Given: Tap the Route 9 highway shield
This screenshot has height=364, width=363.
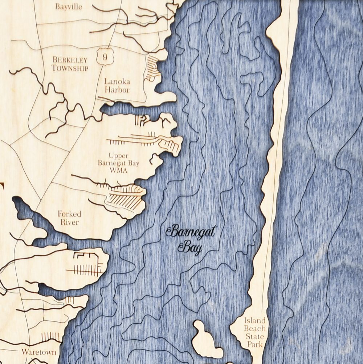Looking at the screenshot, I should tap(105, 56).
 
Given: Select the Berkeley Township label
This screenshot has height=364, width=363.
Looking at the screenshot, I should tap(70, 64).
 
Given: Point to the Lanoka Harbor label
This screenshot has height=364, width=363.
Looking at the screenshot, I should tap(117, 85).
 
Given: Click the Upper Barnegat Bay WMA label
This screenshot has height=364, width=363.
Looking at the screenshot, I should tap(118, 163).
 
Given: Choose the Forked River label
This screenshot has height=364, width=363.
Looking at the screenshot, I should tap(69, 218).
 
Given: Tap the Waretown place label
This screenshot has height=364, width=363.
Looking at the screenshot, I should tap(38, 352).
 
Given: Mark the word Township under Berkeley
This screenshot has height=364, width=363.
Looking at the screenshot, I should tap(70, 68).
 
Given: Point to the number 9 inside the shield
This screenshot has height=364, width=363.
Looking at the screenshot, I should tap(105, 57).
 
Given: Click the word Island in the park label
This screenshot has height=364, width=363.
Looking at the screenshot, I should tap(254, 321).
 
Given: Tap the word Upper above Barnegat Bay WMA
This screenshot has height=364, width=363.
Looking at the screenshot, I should tap(118, 156).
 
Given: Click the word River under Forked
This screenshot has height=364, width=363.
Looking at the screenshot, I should tap(69, 222).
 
